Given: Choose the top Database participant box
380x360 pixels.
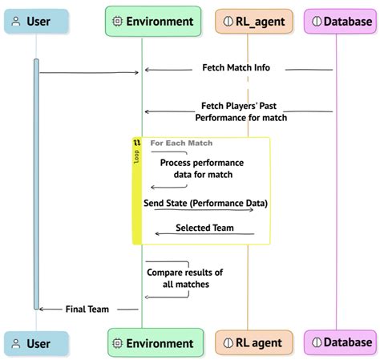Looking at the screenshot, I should [340, 22].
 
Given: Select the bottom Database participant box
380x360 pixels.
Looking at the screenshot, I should [340, 343].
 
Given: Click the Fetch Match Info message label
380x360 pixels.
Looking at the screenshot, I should [236, 69].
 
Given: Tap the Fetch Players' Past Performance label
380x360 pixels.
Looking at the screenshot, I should [241, 111].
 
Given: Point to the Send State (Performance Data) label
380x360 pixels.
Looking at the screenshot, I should [205, 203].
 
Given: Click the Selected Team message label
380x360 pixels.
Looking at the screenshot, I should [204, 228].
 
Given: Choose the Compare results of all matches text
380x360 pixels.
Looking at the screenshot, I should [184, 277].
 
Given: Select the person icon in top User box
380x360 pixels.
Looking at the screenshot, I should [15, 22].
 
